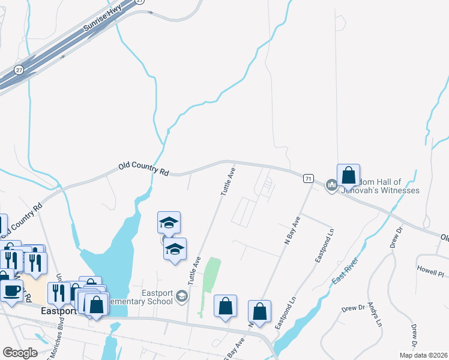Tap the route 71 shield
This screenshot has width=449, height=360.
(x=308, y=178)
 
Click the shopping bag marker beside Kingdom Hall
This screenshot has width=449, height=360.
(x=348, y=176)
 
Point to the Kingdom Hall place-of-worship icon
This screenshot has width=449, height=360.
(x=331, y=186)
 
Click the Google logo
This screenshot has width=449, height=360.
(x=20, y=352)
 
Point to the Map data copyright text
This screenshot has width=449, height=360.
(x=423, y=355)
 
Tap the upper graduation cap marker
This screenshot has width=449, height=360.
(x=169, y=223)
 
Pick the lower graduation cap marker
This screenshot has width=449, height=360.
(x=175, y=250)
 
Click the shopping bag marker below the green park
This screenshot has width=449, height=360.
(x=225, y=307)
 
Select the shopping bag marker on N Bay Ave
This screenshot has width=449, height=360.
(x=259, y=311)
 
